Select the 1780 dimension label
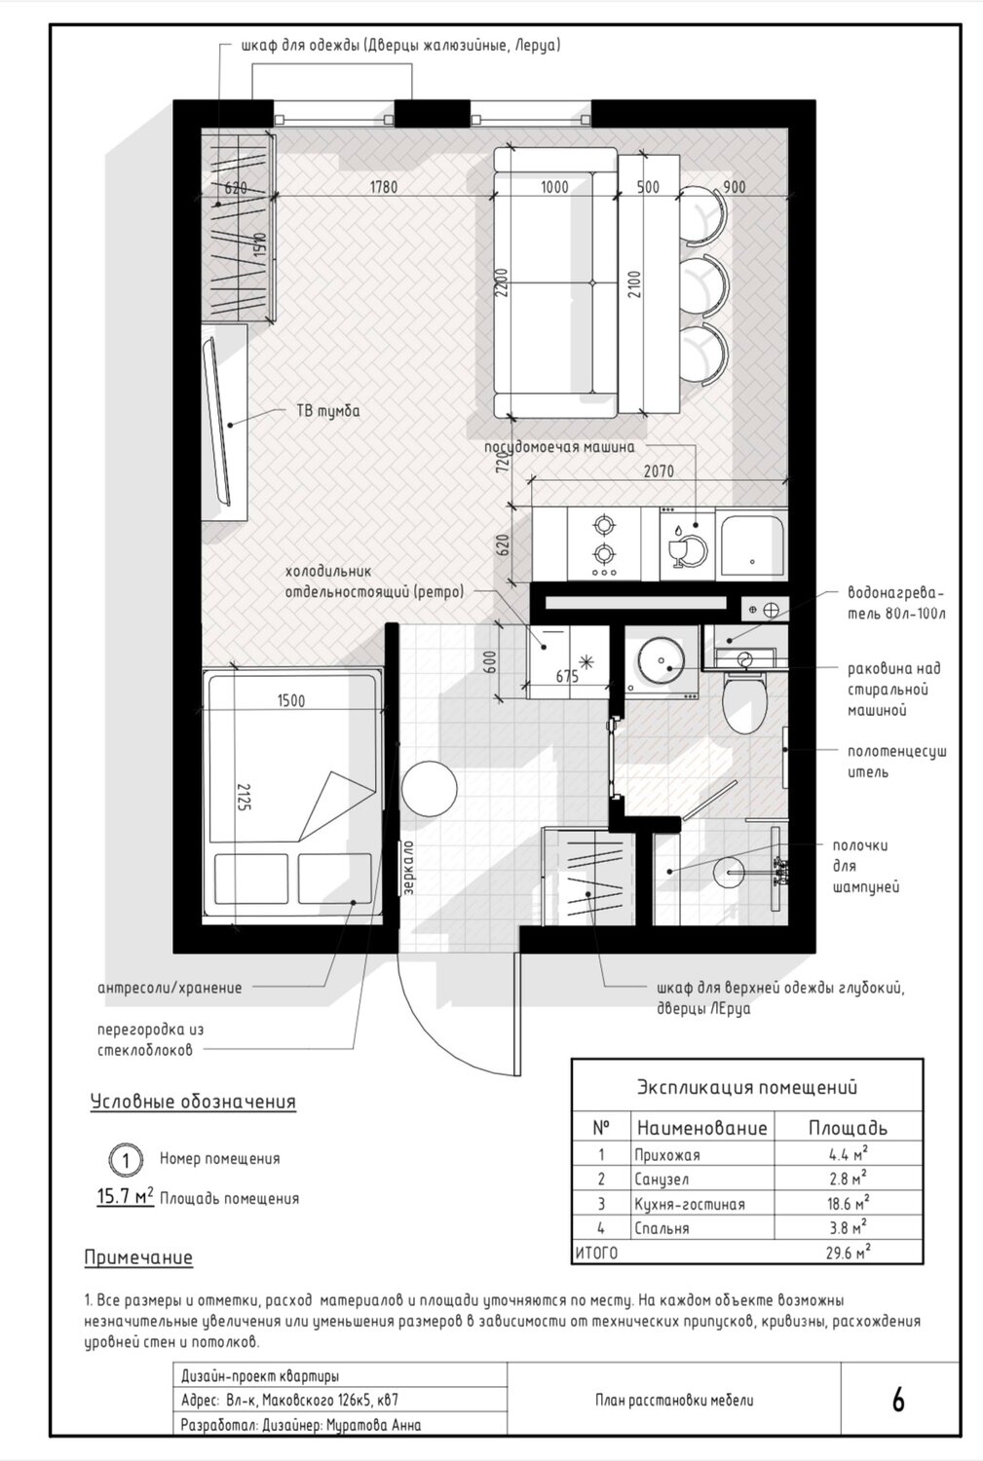[x=384, y=187]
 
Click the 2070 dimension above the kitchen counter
[x=659, y=470]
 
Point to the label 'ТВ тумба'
[x=328, y=412]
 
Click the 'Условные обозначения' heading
[x=193, y=1102]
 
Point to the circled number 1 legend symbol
[x=126, y=1160]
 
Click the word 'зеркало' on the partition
[x=408, y=867]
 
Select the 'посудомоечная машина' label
[x=559, y=447]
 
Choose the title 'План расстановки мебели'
[x=674, y=1400]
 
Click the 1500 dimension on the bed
[x=291, y=700]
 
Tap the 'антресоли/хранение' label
[x=170, y=988]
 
